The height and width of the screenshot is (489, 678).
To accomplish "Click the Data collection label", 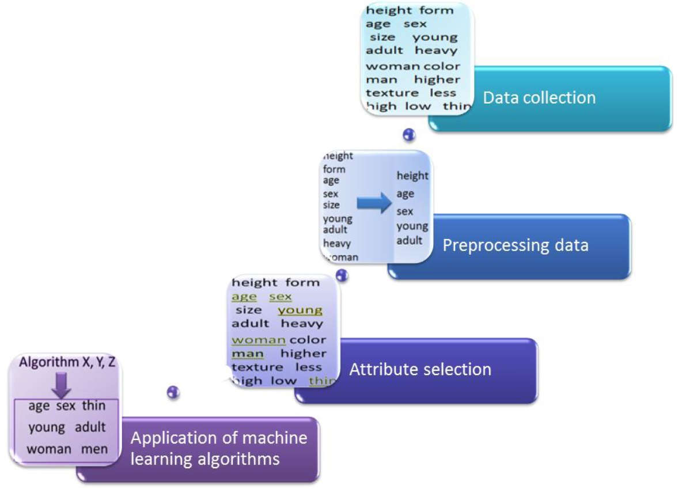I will (539, 97).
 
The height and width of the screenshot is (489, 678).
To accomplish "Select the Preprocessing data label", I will (515, 245).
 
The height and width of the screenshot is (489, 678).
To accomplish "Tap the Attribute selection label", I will (420, 369).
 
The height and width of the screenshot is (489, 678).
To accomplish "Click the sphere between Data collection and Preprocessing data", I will (409, 135).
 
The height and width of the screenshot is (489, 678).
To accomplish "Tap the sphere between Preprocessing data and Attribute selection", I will (342, 275).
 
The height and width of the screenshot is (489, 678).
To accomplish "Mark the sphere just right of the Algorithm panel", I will (173, 392).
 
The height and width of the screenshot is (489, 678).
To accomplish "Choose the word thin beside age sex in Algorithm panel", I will (93, 406).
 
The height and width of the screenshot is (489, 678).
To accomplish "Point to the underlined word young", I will (300, 310).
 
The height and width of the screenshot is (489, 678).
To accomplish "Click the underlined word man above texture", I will (248, 354).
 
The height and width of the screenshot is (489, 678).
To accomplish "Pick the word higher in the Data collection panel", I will (437, 79).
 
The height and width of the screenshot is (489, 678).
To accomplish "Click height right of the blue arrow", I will (412, 176).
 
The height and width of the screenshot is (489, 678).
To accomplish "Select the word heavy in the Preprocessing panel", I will (336, 244).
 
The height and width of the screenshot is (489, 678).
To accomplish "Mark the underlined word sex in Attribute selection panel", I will (281, 297).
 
